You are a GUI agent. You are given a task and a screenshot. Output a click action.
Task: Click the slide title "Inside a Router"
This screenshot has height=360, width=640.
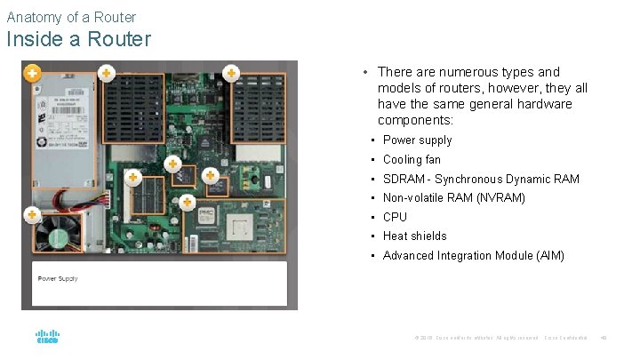78,40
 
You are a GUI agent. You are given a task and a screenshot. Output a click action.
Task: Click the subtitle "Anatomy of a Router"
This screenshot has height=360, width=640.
71,17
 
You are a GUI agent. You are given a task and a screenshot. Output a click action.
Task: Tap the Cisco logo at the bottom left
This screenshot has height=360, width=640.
47,338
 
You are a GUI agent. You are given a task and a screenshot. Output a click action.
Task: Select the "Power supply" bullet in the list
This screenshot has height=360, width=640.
417,140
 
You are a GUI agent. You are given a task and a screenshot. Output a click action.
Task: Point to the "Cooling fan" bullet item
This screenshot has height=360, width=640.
412,160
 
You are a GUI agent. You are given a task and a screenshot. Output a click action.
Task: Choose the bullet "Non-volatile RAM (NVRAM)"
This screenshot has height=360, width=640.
453,198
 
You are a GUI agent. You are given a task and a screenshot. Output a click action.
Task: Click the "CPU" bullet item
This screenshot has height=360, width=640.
395,217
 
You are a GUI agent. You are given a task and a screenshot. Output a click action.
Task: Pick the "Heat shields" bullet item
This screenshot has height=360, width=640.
414,236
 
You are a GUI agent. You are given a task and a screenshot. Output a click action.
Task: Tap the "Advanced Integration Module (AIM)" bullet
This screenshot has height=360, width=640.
473,256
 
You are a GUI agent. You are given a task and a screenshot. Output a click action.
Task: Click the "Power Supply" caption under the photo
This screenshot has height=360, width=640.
58,279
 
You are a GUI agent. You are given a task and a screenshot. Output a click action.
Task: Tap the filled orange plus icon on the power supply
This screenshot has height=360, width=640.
31,73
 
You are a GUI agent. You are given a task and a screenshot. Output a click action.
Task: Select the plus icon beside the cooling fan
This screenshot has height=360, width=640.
32,214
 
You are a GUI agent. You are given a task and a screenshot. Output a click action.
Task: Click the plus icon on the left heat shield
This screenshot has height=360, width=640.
106,73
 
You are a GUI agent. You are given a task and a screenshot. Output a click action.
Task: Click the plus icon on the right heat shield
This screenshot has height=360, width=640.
231,73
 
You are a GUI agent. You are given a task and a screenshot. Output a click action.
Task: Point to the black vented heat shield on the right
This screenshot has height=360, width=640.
259,107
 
